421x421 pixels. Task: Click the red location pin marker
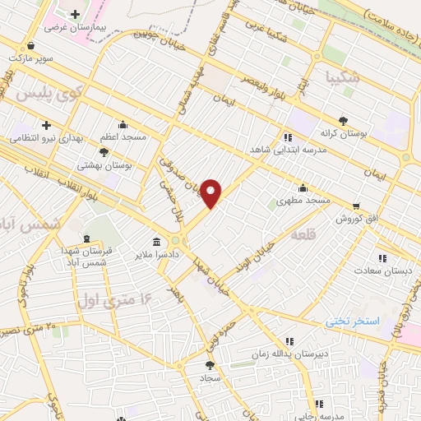click(x=212, y=192)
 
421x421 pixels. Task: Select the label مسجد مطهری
click(x=303, y=200)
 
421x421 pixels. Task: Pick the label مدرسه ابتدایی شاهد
click(x=288, y=150)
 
